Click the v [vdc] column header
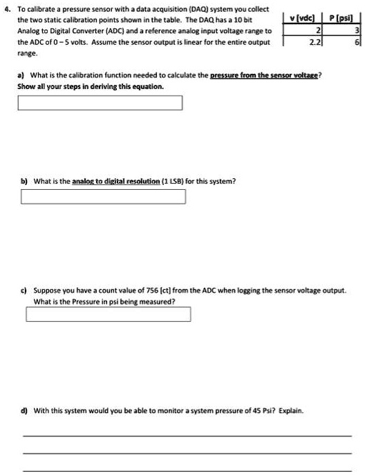click(304, 18)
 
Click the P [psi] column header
click(340, 18)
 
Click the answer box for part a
click(101, 103)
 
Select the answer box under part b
click(103, 197)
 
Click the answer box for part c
click(109, 315)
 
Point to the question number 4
click(6, 10)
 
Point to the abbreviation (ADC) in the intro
click(136, 31)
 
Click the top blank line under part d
click(187, 436)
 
